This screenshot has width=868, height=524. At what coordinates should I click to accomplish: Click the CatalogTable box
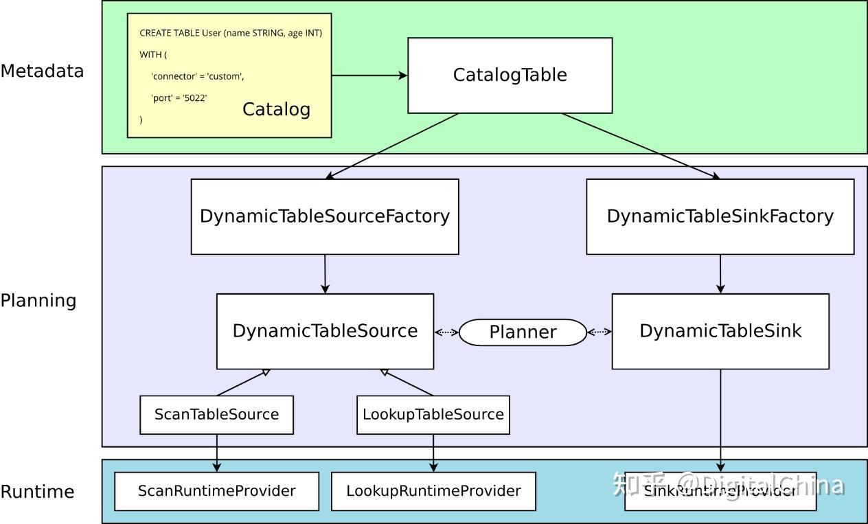(x=510, y=75)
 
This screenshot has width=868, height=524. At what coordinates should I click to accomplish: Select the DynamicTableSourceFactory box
(x=325, y=216)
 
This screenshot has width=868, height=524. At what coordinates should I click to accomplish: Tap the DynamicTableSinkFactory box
(x=720, y=216)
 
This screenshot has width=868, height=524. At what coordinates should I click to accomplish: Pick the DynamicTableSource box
(x=325, y=331)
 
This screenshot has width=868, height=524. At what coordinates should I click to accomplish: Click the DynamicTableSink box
(x=720, y=331)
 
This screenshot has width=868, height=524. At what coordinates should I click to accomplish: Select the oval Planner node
(x=523, y=332)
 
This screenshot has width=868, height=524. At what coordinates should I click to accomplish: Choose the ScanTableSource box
(x=216, y=415)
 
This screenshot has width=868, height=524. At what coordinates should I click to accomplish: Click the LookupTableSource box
(x=433, y=415)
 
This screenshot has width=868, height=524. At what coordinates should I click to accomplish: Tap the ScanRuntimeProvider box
(x=216, y=491)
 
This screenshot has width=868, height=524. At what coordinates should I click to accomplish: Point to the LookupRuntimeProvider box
(x=433, y=491)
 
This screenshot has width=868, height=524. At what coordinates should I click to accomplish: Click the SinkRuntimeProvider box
(x=720, y=491)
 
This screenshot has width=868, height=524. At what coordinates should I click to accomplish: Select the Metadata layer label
(x=42, y=71)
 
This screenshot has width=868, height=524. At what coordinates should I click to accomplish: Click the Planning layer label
(x=38, y=301)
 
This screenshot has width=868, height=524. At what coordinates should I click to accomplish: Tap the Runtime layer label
(x=37, y=492)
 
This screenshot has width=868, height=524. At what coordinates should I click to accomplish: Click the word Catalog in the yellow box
(x=276, y=109)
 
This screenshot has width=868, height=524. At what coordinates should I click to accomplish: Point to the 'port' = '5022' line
(x=179, y=98)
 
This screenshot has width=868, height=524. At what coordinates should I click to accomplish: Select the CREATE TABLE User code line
(x=231, y=33)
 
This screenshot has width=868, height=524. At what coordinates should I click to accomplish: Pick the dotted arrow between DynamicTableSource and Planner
(x=446, y=332)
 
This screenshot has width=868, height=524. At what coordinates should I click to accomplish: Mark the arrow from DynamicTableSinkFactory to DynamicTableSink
(x=720, y=274)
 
